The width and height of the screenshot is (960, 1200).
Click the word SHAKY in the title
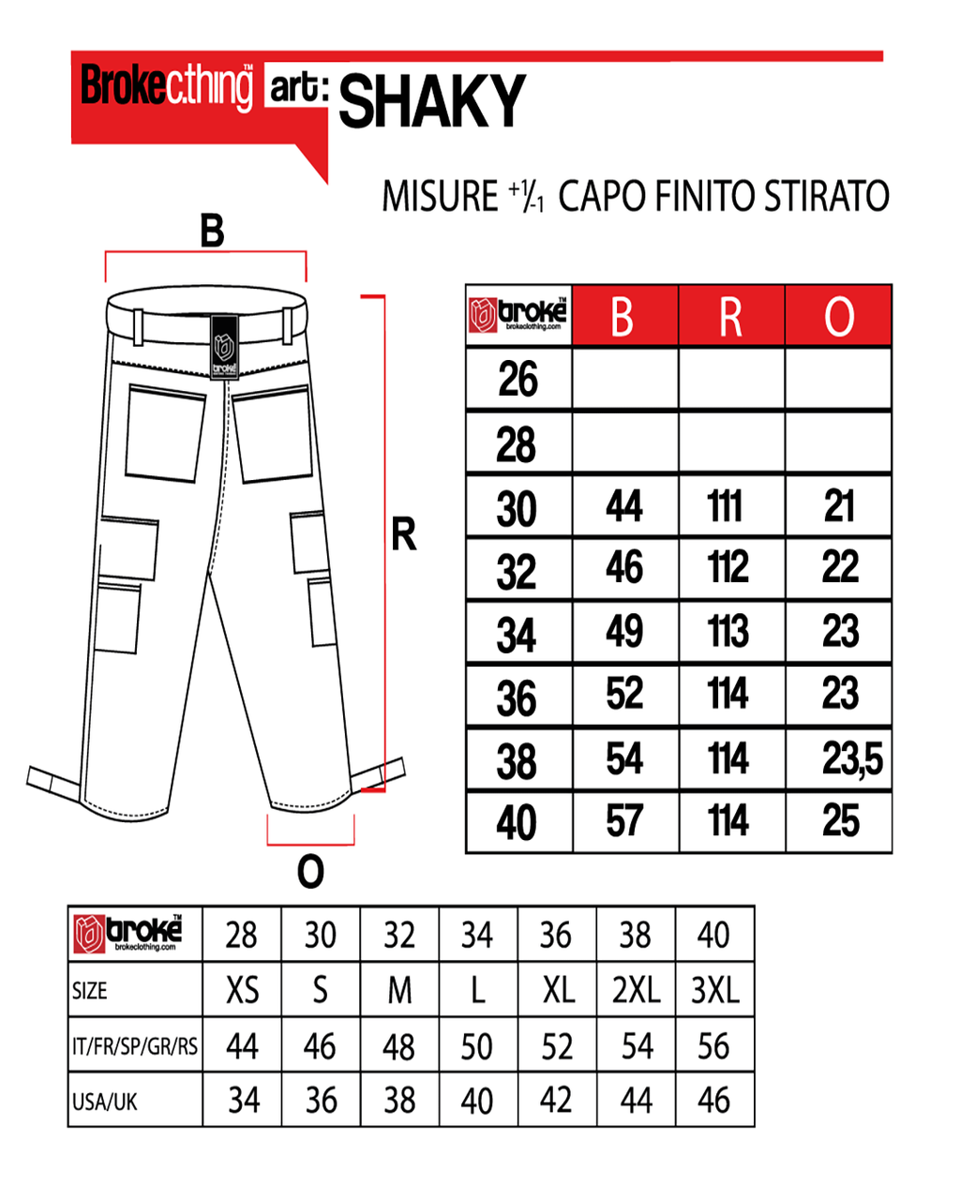[x=432, y=101]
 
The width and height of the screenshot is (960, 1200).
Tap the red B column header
[x=622, y=317]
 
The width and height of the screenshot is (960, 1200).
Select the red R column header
[x=730, y=317]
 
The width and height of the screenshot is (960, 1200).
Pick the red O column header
[x=839, y=317]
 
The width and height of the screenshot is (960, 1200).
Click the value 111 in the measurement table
[x=726, y=506]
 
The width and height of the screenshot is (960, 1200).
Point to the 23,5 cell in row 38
[x=851, y=758]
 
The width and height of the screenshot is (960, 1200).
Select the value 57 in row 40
[x=624, y=821]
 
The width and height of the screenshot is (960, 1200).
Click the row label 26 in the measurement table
[x=517, y=380]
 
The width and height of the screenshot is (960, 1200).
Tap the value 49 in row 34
[x=624, y=631]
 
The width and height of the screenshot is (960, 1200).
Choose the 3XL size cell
[x=715, y=990]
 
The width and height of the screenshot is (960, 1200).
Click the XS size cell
[x=242, y=990]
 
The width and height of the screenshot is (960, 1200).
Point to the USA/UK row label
[x=105, y=1101]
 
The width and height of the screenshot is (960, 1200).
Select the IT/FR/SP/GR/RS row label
[x=135, y=1045]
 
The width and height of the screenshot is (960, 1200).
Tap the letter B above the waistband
[x=213, y=231]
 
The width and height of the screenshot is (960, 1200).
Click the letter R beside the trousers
[x=403, y=535]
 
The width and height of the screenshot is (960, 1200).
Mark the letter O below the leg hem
[x=310, y=873]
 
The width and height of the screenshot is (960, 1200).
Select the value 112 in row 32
[x=728, y=567]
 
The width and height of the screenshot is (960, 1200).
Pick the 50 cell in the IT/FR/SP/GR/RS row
[x=476, y=1045]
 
